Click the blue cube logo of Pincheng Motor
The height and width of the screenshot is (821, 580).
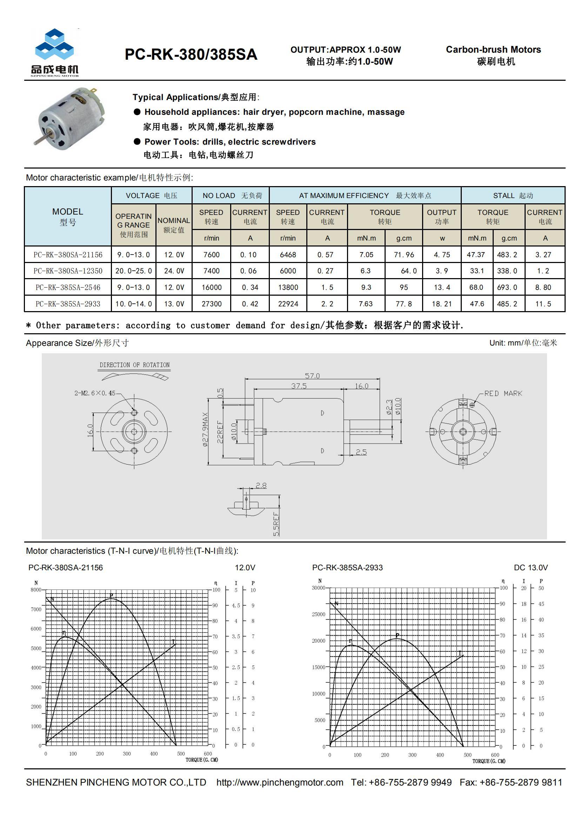(54, 44)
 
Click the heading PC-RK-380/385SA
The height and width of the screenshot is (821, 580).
(191, 54)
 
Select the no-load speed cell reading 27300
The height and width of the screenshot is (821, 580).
(212, 304)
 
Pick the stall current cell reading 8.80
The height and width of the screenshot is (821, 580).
(543, 287)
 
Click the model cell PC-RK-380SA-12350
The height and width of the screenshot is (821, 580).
(68, 271)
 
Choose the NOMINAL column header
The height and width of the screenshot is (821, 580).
(174, 221)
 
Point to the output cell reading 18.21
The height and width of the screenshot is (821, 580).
(442, 304)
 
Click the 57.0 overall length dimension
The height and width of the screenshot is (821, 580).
(312, 376)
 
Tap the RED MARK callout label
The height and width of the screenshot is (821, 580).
(503, 393)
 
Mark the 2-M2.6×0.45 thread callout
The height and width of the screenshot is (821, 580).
(95, 393)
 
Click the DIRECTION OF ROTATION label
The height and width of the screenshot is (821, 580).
(134, 365)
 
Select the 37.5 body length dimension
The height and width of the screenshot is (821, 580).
(299, 386)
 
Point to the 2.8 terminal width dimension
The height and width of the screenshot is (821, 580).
(261, 485)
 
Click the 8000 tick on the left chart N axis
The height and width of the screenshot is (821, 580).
(36, 590)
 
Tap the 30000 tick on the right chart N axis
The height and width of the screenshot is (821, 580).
(318, 588)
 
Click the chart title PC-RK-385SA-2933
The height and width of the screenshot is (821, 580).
(347, 567)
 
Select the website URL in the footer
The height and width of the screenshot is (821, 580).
(280, 782)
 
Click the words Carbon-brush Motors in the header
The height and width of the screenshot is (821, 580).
(493, 50)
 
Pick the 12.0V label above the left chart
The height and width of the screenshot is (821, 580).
(245, 567)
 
